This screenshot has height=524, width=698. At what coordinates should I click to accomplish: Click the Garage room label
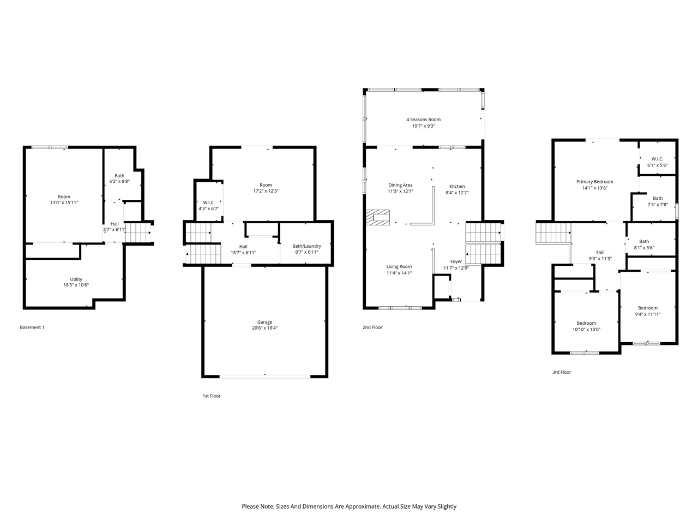point(264,322)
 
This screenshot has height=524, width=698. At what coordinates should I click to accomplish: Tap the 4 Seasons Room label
point(423,120)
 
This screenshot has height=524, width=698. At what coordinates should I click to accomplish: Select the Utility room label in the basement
point(76,279)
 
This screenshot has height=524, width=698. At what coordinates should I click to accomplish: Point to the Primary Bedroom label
point(594,182)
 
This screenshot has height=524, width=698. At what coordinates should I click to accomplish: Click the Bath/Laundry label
point(306,246)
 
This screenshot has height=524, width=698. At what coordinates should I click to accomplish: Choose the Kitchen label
point(457,187)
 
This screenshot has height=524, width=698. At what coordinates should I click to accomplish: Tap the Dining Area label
point(400,185)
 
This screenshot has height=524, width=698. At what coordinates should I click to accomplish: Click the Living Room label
point(399,267)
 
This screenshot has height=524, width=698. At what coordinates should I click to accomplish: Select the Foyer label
point(456,262)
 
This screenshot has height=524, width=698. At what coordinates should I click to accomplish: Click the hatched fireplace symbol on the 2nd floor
point(378,217)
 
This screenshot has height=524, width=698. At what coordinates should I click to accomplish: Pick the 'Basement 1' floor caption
point(32,327)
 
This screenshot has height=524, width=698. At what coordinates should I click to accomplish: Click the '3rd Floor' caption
point(561,372)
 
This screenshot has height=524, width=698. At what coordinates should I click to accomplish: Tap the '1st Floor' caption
point(212,396)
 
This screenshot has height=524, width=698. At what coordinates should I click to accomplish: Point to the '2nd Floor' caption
point(372,327)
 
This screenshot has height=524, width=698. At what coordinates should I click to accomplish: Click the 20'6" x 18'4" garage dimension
point(264,328)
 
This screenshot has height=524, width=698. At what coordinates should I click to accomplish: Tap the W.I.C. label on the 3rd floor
point(657,159)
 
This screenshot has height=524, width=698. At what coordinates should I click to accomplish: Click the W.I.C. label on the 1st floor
point(208,203)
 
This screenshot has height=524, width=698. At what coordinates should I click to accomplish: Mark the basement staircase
point(137,233)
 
